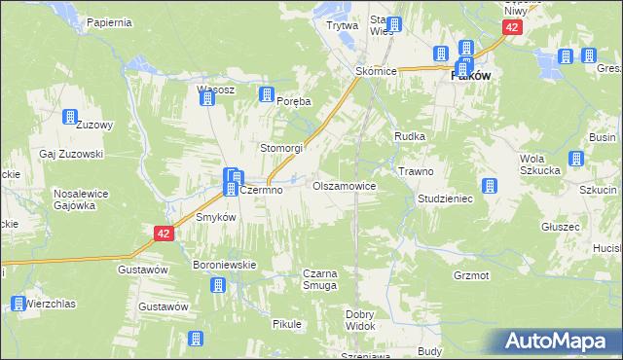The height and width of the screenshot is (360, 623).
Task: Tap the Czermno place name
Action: coord(261,191)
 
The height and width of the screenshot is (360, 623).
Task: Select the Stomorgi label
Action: coord(281,148)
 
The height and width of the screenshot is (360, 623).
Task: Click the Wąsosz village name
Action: coord(216,90)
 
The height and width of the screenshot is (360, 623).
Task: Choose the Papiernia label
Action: coord(108,21)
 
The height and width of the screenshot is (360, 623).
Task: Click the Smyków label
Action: coord(216,218)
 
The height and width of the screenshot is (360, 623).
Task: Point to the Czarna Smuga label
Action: coord(320,280)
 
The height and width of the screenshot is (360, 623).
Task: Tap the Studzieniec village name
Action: coord(445,198)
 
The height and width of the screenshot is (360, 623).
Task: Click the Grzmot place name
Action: coord(471,275)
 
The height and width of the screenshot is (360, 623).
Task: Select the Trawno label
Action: coord(416,171)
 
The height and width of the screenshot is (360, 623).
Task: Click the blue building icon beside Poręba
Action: coord(265,95)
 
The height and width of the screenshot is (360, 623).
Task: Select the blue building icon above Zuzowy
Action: coord(70,118)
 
